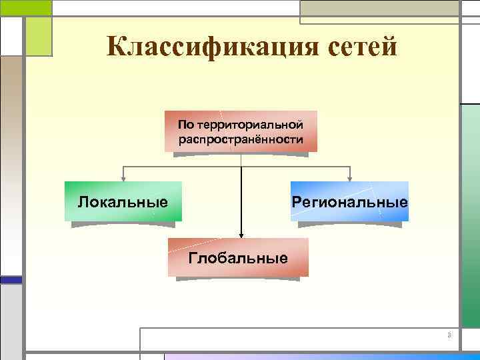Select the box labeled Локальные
tap(123, 201)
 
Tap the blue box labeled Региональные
tap(349, 201)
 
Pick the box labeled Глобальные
tap(238, 257)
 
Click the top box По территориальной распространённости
tap(241, 131)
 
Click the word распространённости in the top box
tap(241, 140)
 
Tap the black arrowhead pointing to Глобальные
tap(241, 234)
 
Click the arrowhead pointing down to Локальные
tap(123, 177)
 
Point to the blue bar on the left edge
tap(11, 280)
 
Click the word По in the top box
tap(184, 125)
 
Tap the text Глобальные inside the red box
tap(238, 258)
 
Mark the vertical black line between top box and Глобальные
tap(241, 193)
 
